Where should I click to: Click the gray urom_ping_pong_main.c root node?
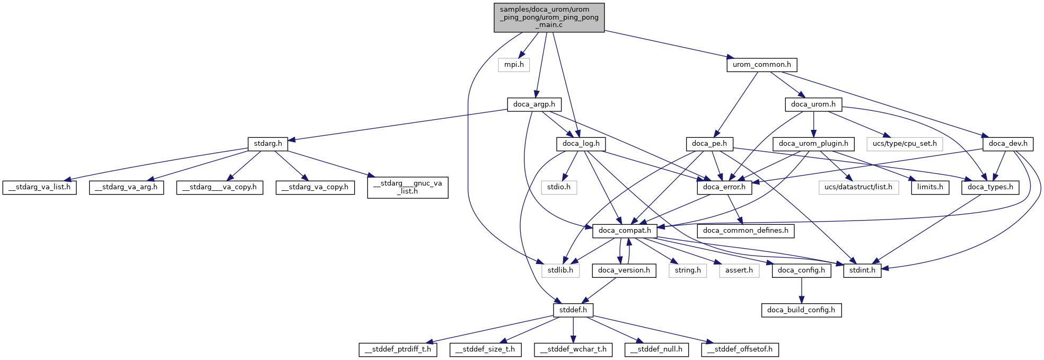(x=549, y=17)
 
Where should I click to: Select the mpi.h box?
(x=514, y=65)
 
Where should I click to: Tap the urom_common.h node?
(x=761, y=65)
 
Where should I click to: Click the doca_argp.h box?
(x=534, y=104)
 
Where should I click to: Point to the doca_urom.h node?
(x=813, y=104)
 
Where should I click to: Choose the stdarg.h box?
(x=268, y=144)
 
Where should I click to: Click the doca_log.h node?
(x=581, y=144)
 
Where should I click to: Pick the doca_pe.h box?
(x=709, y=144)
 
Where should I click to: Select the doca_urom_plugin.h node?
(x=813, y=144)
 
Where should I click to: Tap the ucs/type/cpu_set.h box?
(x=905, y=144)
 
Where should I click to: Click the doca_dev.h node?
(x=1007, y=144)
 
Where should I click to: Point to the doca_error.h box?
(x=724, y=187)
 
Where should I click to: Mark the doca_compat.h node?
(x=625, y=231)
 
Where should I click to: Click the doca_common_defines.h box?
(x=745, y=231)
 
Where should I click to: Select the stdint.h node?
(x=862, y=270)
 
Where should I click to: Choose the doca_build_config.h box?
(x=801, y=310)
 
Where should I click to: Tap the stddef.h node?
(x=573, y=310)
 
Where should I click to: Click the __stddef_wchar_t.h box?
(x=573, y=350)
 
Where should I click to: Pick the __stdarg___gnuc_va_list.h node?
(x=407, y=187)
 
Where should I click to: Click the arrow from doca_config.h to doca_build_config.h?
(x=801, y=290)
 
